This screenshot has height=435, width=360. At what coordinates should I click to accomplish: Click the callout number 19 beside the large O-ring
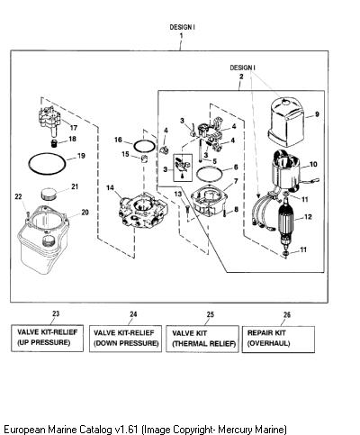tap(81, 156)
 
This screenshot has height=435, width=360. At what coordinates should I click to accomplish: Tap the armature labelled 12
tap(287, 222)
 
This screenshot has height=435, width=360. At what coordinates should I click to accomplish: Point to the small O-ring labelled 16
tap(145, 146)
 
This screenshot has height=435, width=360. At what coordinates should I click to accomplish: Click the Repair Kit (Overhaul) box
tap(278, 340)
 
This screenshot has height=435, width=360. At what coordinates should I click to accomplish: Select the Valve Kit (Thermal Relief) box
tap(202, 339)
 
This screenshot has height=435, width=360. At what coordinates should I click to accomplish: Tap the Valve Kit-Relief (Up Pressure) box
tap(47, 338)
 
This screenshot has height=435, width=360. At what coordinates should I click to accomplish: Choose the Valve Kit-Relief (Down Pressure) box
tap(125, 339)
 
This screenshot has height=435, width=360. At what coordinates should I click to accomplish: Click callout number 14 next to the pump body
tap(110, 187)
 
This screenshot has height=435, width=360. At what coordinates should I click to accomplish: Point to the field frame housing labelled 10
tap(286, 171)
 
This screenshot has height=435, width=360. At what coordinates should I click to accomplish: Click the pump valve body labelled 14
tap(143, 212)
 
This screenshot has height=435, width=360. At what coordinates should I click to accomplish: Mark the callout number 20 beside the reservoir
tap(85, 213)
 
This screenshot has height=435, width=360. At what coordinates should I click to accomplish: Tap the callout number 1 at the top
tap(181, 35)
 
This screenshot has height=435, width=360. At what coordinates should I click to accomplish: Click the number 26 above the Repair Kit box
tap(287, 314)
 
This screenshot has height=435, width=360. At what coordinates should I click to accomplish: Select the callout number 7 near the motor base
tap(236, 181)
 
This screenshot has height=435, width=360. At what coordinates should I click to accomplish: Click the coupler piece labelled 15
tap(145, 159)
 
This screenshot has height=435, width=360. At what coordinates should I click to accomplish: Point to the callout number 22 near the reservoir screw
tap(18, 196)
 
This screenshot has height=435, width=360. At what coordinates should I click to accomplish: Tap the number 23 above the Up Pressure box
tap(56, 313)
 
